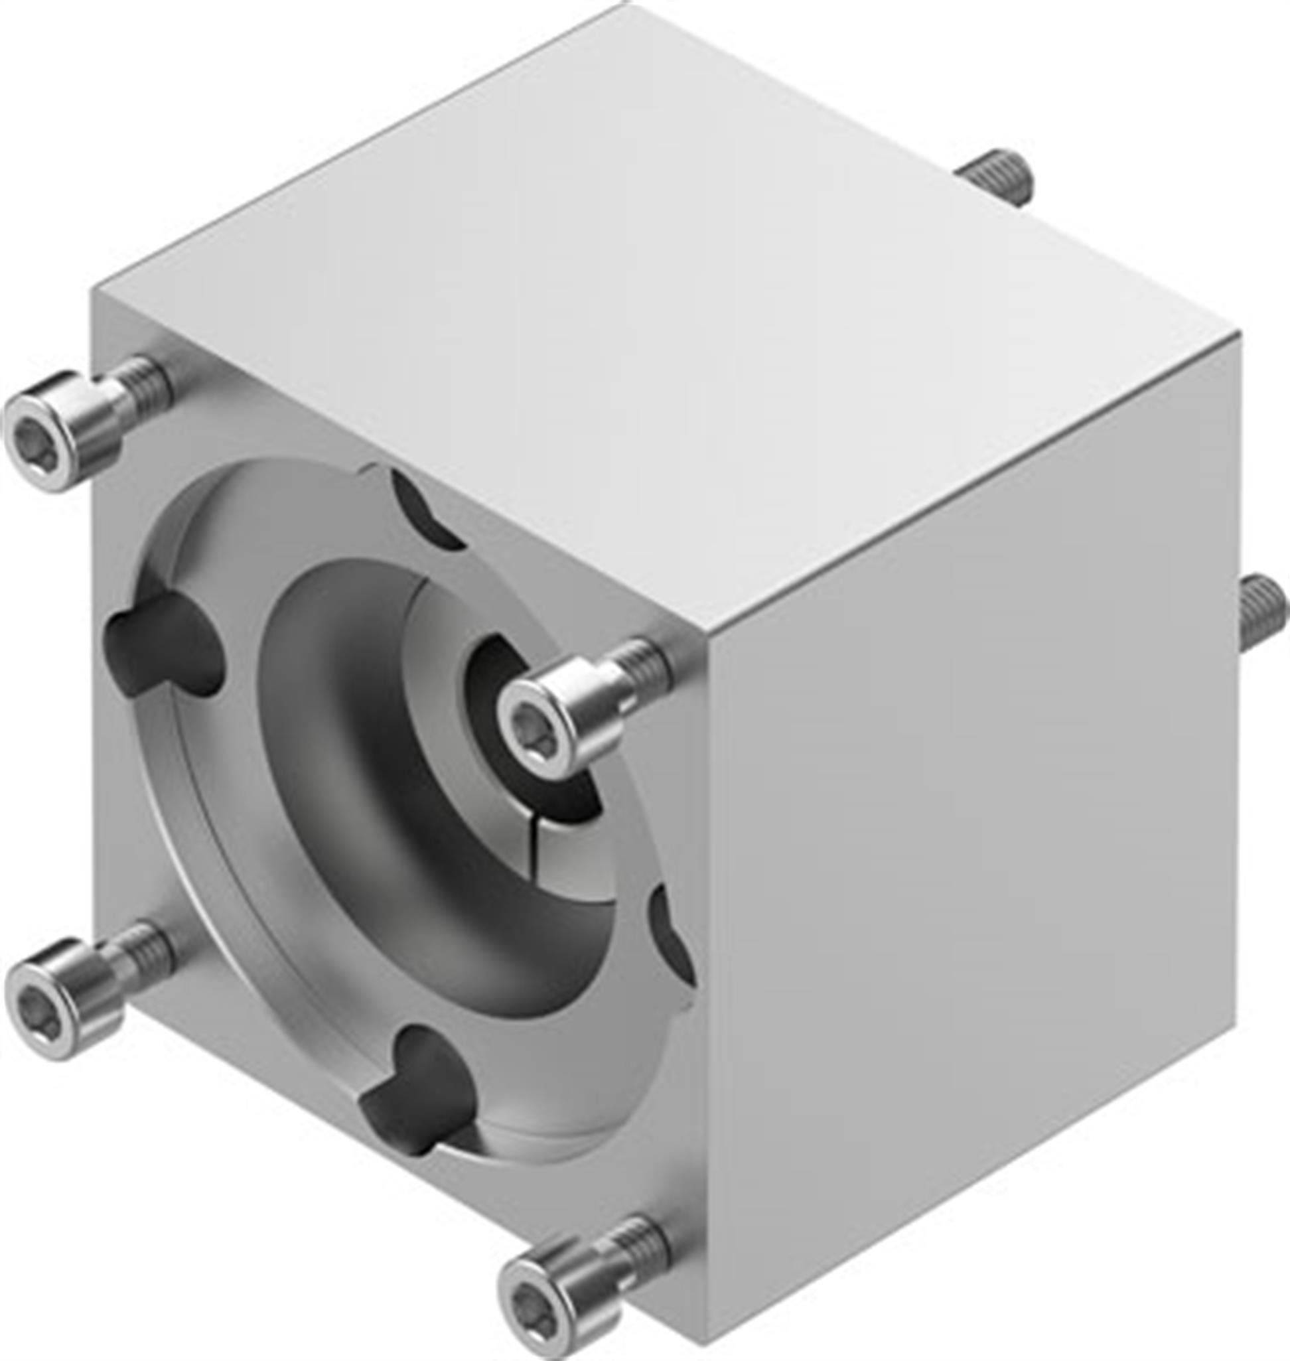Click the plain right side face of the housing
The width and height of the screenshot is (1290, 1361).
click(x=976, y=859)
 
